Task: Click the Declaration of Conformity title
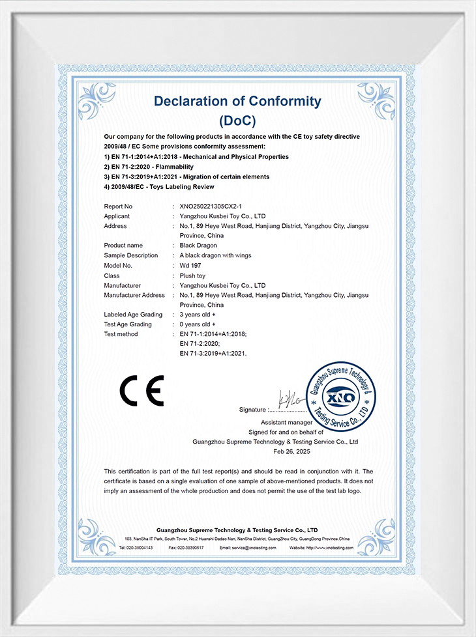click(237, 101)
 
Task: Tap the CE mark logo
click(141, 391)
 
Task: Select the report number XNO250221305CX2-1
click(215, 206)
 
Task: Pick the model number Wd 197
click(191, 266)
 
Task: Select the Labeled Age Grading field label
click(133, 315)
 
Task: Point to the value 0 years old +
click(198, 324)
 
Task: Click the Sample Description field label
click(130, 255)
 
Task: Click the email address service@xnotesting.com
click(248, 548)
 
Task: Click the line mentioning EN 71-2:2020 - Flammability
click(149, 167)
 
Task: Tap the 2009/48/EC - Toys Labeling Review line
click(159, 187)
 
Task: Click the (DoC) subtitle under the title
click(237, 120)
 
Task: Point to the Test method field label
click(121, 334)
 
